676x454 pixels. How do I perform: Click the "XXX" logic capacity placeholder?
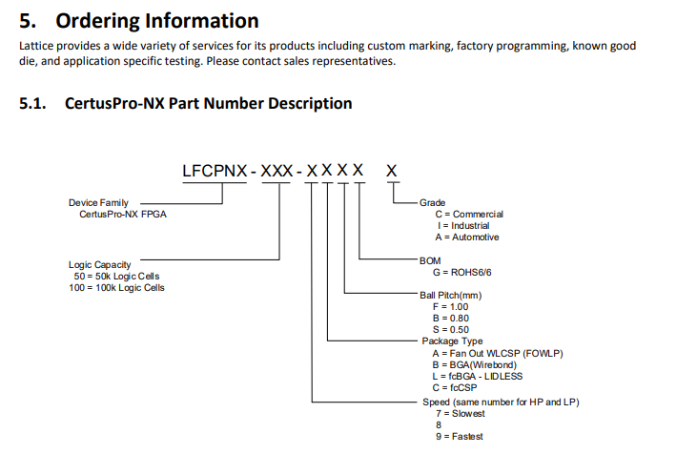[277, 172]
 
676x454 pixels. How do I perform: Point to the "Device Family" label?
[98, 202]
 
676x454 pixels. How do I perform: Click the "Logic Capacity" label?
[99, 264]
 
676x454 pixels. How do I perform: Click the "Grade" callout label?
[432, 203]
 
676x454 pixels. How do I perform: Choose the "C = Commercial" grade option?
[468, 215]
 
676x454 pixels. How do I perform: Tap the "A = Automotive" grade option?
[466, 237]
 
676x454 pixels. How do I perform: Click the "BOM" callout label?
[429, 260]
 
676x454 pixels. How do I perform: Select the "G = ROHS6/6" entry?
[462, 272]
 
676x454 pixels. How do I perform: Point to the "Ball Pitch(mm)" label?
[450, 296]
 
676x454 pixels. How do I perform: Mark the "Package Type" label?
[452, 340]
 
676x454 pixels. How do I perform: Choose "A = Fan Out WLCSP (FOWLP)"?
[497, 353]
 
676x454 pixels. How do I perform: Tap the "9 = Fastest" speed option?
[459, 436]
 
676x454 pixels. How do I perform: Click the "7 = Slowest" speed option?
[460, 413]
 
